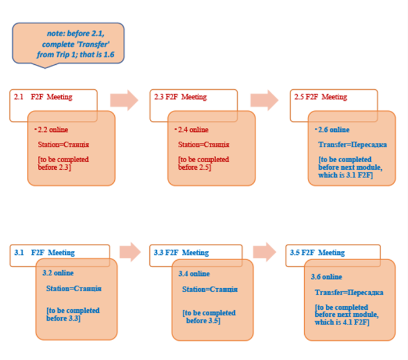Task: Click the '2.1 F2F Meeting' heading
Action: pos(43,97)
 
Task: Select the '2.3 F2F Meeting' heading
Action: pos(180,97)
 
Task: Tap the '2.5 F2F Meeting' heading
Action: pos(320,97)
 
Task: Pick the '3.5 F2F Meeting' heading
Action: pos(317,253)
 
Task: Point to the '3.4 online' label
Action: pos(194,274)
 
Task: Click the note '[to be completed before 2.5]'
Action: pos(203,163)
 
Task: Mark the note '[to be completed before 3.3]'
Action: pos(72,314)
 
